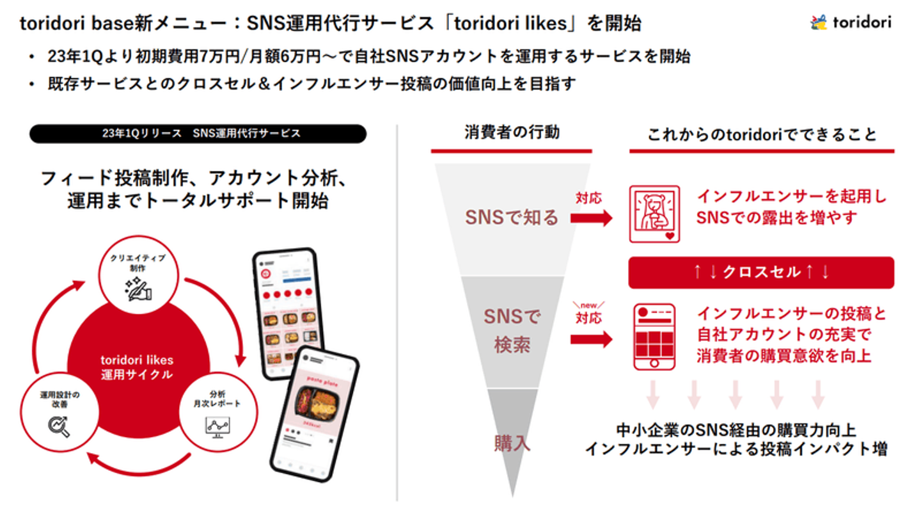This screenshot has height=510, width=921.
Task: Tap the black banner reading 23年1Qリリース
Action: [198, 134]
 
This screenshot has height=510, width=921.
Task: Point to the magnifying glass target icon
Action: [58, 426]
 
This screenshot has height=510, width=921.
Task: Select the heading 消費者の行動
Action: [512, 133]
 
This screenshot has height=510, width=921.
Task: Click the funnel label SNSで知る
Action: [512, 218]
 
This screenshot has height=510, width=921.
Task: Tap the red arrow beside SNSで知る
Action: [591, 218]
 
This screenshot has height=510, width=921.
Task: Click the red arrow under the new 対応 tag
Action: [591, 339]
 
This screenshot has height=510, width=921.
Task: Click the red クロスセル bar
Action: [761, 273]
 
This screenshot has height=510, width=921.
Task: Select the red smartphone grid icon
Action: [654, 337]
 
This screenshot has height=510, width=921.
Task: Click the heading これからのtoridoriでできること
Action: [761, 134]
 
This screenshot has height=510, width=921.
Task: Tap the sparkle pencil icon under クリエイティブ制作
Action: [138, 289]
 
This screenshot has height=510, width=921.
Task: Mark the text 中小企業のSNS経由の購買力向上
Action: [736, 429]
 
